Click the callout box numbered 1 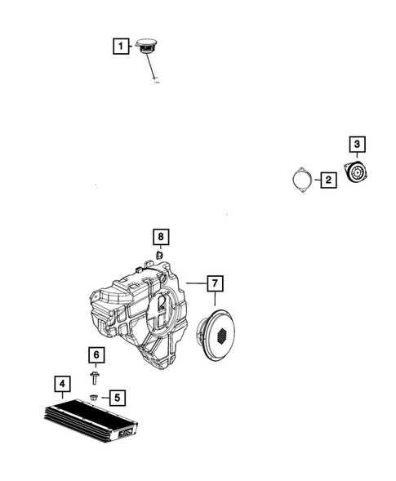(121, 47)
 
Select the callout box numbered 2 (327, 180)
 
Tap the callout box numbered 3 (357, 145)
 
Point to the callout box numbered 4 (60, 382)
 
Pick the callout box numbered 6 (96, 354)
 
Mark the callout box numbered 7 (214, 283)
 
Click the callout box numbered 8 (161, 238)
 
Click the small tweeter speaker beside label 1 (148, 45)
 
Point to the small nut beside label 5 (96, 397)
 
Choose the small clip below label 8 (160, 256)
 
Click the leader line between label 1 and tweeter (131, 47)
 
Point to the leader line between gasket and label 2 (316, 180)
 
